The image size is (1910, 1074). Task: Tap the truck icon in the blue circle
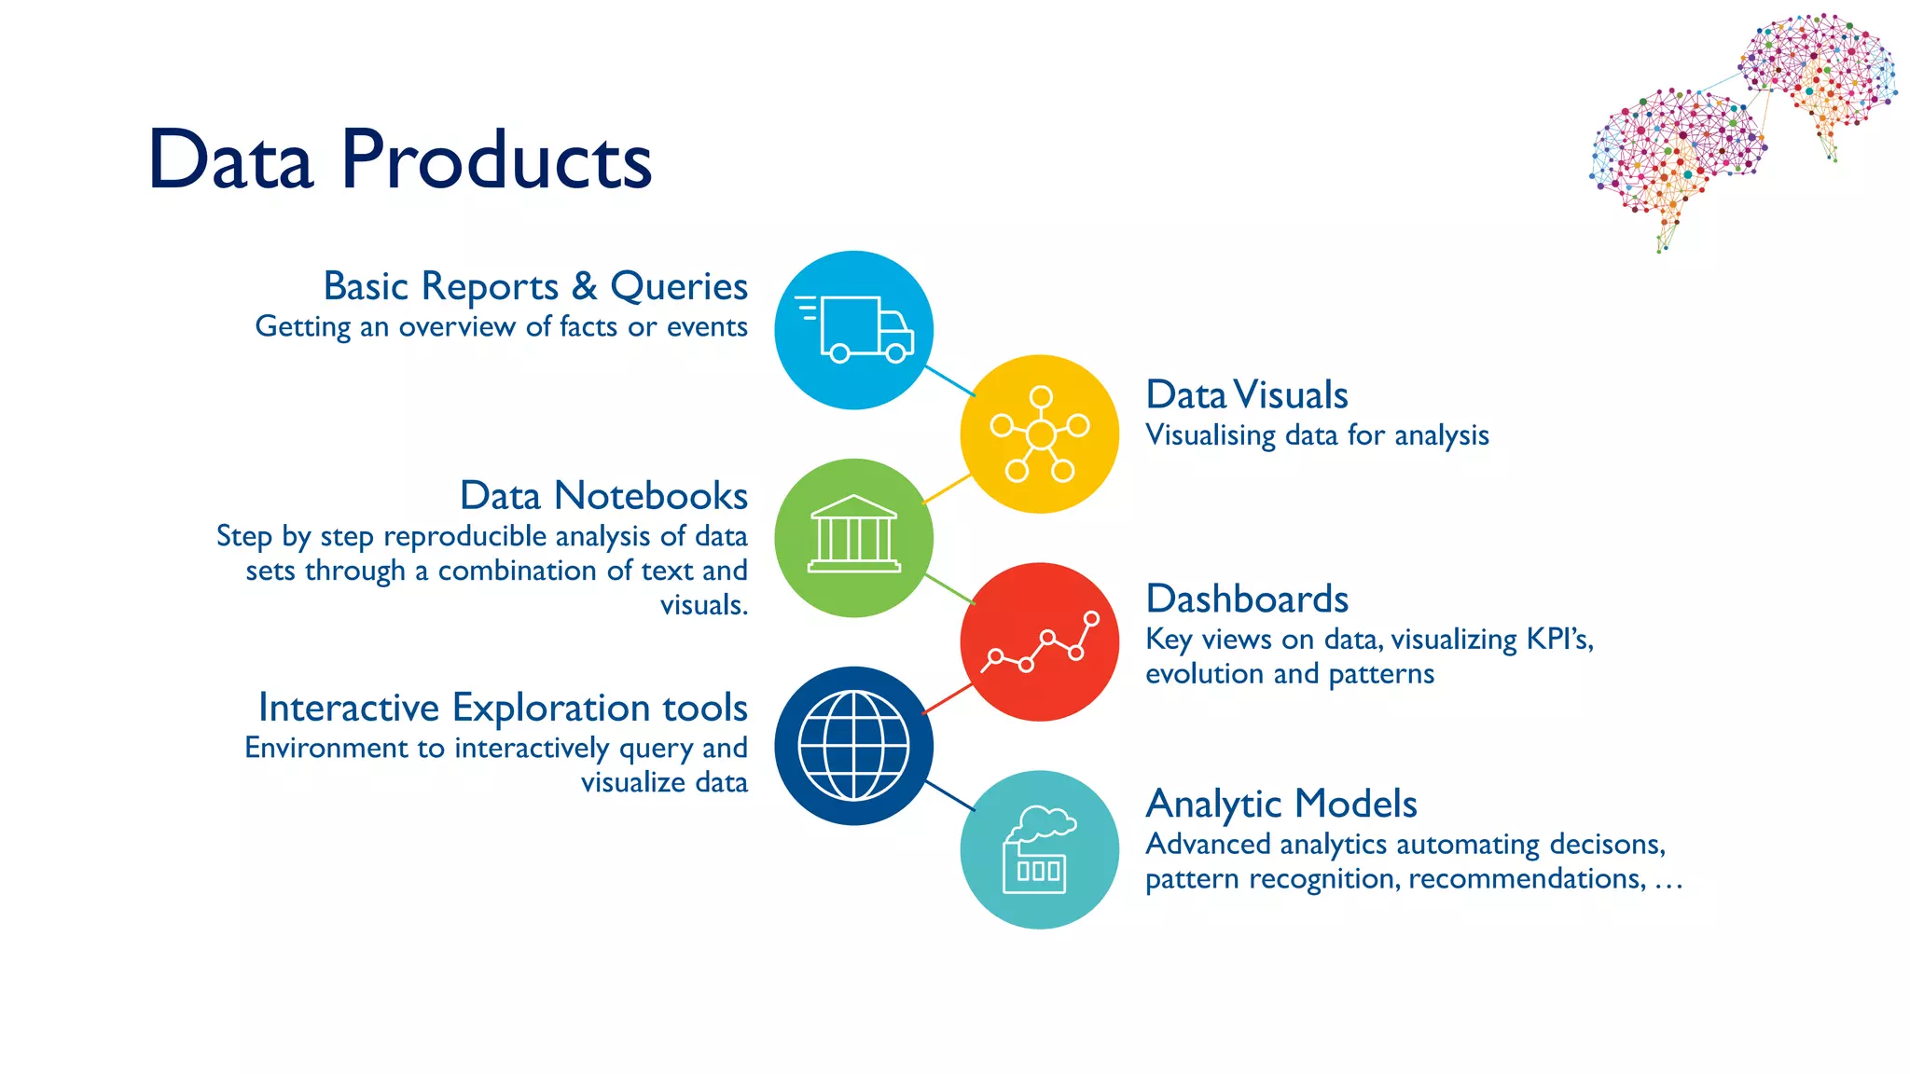point(854,329)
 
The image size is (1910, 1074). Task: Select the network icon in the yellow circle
point(1040,434)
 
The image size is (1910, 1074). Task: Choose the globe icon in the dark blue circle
point(854,746)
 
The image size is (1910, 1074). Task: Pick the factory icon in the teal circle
point(1038,850)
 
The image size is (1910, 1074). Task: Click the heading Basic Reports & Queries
point(535,286)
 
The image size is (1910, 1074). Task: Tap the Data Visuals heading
point(1247,395)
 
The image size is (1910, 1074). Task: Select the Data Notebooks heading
point(603,496)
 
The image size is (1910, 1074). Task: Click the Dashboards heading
point(1247,599)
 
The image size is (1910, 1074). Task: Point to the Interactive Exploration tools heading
point(503,708)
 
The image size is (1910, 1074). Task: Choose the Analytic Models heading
point(1281,804)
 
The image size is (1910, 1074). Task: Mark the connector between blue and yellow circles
point(948,381)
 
